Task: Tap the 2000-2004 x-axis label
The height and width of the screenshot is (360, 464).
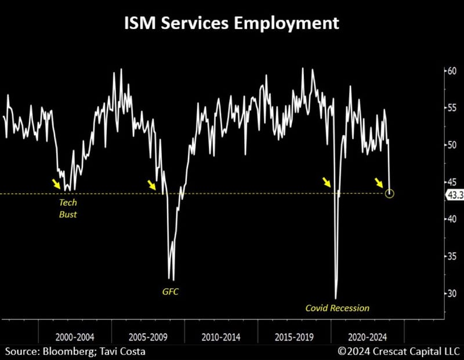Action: tap(75, 336)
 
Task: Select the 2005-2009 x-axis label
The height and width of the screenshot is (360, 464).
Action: tap(148, 336)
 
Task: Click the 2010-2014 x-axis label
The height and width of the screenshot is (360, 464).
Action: tap(221, 336)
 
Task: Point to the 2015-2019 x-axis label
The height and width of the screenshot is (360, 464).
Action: tap(294, 336)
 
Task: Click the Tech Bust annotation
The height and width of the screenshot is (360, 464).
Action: tap(68, 209)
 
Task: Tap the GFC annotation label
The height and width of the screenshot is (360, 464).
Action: tap(171, 292)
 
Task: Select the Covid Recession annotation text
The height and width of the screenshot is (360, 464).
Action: tap(337, 308)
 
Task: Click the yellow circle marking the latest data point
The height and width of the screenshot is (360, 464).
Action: tap(389, 193)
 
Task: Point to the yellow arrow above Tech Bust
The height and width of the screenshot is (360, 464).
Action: tap(56, 184)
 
